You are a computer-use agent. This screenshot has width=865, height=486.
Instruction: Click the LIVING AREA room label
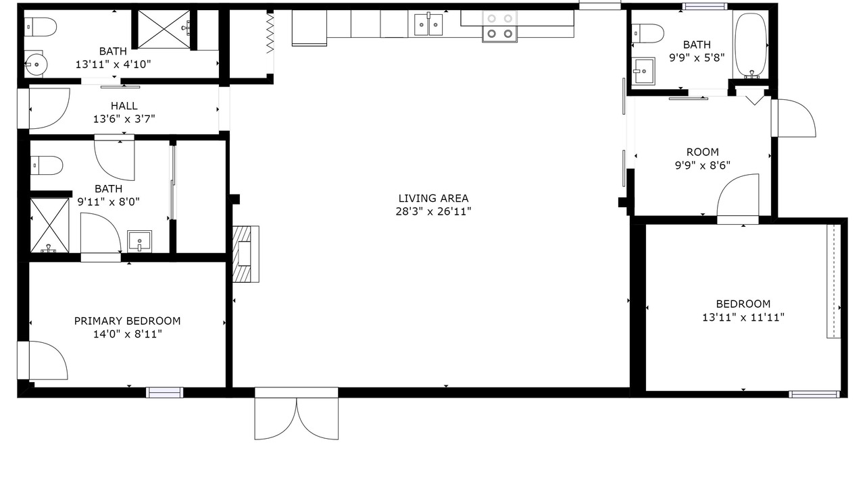433,198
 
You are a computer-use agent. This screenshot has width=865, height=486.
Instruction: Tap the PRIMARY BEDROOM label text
127,321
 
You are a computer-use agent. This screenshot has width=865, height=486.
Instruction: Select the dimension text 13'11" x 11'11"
743,317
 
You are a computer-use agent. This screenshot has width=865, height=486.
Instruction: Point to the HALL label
124,106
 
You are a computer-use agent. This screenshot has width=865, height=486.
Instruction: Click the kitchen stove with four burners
499,26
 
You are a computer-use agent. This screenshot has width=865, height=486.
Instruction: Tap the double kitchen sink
428,24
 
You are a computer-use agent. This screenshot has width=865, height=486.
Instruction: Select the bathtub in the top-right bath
750,45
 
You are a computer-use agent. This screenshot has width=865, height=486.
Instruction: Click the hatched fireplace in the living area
245,254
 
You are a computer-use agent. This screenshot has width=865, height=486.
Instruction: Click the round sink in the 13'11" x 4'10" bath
36,64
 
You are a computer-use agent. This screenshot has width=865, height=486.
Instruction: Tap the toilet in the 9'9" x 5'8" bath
647,34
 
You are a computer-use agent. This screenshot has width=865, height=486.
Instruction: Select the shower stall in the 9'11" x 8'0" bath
49,225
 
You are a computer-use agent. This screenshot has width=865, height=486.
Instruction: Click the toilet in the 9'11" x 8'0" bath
47,165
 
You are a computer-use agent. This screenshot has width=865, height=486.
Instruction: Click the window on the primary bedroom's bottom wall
164,392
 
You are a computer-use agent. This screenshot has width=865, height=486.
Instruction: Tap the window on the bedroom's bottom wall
814,394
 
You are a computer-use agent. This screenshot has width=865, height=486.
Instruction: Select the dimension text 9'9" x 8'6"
702,165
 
